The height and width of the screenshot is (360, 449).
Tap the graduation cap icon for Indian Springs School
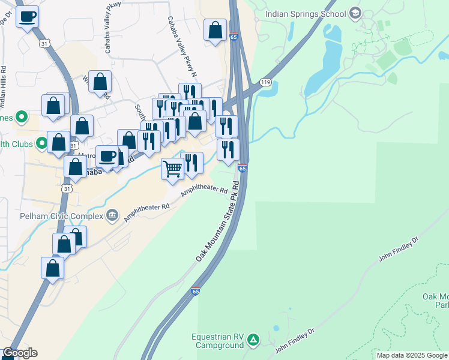(355, 13)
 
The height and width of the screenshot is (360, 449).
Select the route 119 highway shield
(264, 82)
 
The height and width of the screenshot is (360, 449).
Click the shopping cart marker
(173, 169)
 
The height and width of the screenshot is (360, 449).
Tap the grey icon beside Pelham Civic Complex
(112, 215)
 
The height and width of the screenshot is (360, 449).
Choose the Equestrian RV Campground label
(218, 341)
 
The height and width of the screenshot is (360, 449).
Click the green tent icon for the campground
(254, 341)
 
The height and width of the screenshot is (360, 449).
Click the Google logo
(19, 353)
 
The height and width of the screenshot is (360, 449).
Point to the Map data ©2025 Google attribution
(412, 355)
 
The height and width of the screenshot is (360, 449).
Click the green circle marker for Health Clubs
(42, 143)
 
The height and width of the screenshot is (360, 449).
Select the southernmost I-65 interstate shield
(196, 291)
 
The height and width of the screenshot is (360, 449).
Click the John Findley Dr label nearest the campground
(295, 340)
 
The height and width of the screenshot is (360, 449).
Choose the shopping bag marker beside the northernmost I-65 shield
(215, 31)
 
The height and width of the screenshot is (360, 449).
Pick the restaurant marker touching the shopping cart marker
(191, 164)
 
